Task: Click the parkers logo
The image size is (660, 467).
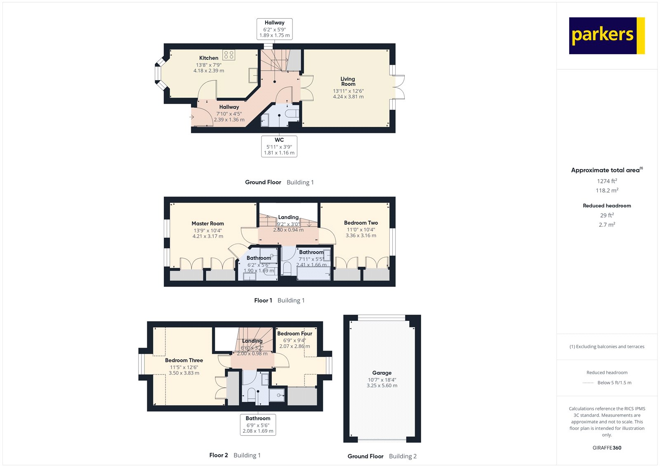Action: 606,36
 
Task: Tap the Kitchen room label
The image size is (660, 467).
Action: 209,58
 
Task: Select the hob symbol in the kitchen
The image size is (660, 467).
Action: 229,55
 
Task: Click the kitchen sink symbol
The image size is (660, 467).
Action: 253,76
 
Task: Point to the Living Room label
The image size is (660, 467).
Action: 348,81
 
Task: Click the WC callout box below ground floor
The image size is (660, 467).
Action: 279,146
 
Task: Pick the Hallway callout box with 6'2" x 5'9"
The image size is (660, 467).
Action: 274,29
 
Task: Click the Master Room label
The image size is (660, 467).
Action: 207,223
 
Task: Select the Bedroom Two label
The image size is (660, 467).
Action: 361,223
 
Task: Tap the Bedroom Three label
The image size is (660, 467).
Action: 184,360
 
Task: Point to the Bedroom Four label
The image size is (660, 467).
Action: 295,333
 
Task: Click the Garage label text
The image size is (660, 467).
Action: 382,372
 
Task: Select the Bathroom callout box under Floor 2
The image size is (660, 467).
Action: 258,424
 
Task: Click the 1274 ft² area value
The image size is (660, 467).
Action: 607,181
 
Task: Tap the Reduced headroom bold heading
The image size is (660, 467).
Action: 607,206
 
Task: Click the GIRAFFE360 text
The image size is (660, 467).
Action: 607,448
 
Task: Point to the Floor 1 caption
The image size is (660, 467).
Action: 263,300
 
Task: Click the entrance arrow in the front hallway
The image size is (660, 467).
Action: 192,117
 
